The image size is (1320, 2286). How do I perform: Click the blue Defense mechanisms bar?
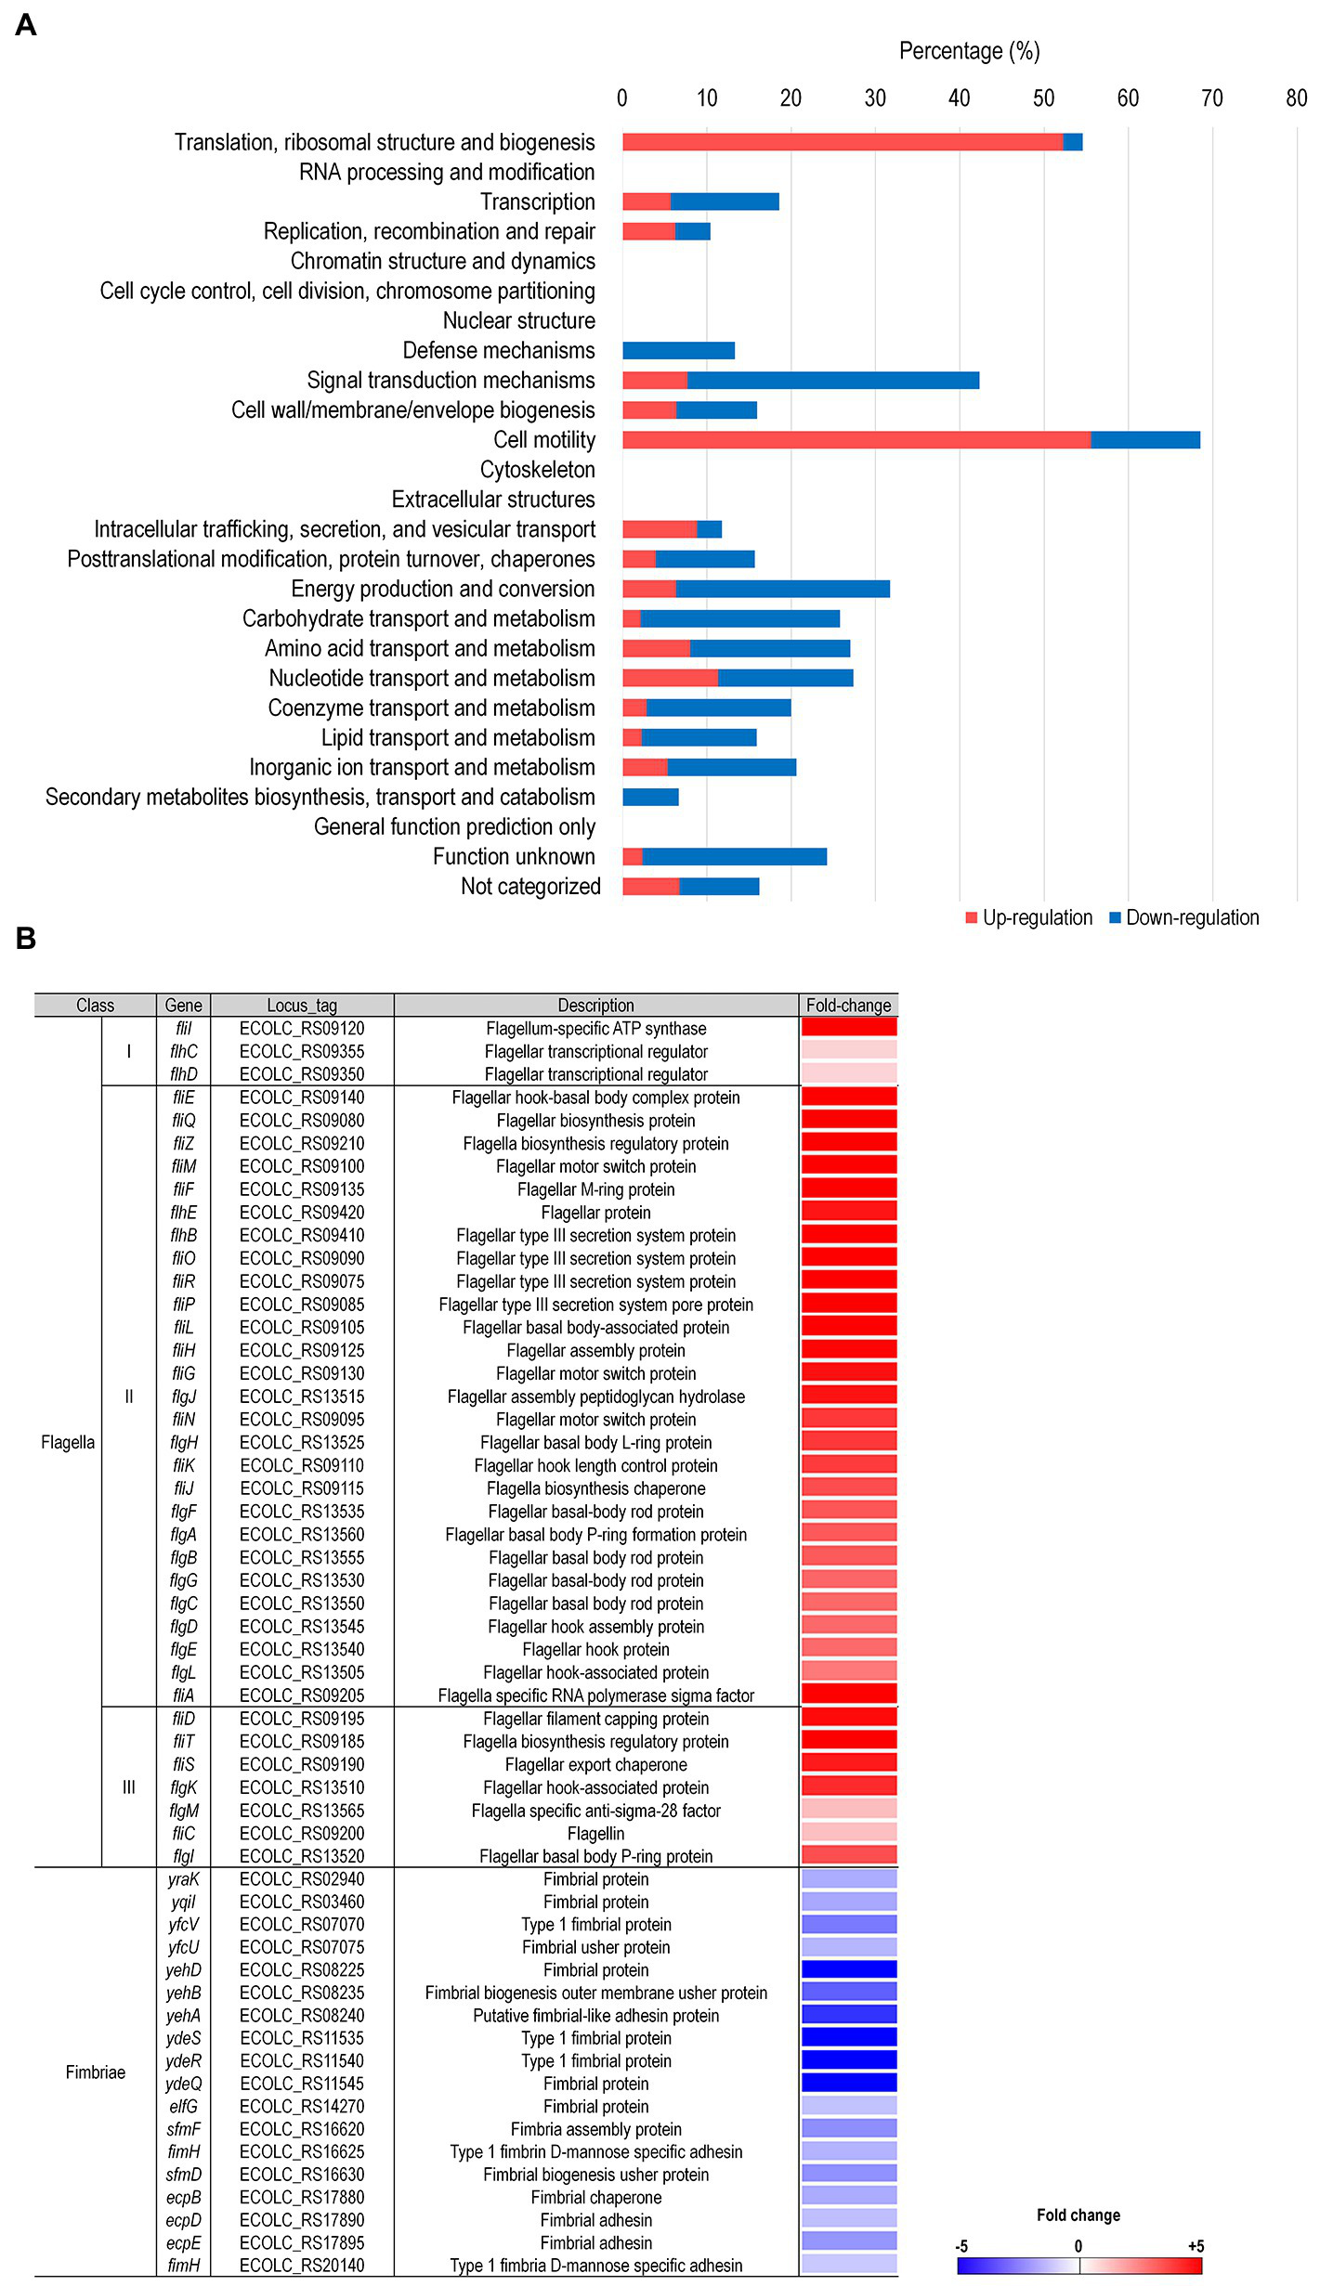coord(678,350)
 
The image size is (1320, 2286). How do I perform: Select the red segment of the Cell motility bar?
coord(856,440)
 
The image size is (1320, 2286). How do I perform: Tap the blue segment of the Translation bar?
coord(1072,142)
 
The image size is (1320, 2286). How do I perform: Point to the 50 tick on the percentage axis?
coord(1043,98)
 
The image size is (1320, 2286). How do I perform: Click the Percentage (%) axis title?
coord(969,51)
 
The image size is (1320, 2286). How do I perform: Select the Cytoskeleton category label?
coord(537,470)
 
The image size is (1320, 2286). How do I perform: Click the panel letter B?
coord(26,939)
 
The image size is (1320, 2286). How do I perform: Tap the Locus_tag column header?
coord(302,1005)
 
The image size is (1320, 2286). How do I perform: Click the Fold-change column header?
coord(848,1005)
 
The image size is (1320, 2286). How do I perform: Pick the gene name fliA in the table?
coord(183,1695)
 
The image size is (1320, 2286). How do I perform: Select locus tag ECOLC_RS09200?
coord(302,1833)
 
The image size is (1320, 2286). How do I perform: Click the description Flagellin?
coord(595,1833)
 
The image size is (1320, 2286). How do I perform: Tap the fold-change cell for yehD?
coord(848,1969)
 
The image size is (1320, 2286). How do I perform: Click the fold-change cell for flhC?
coord(848,1050)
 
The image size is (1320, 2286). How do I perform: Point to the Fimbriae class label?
coord(95,2072)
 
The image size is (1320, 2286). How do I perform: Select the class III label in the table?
coord(128,1786)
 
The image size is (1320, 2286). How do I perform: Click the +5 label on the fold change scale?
coord(1196,2245)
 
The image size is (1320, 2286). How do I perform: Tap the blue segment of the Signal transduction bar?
coord(832,381)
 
